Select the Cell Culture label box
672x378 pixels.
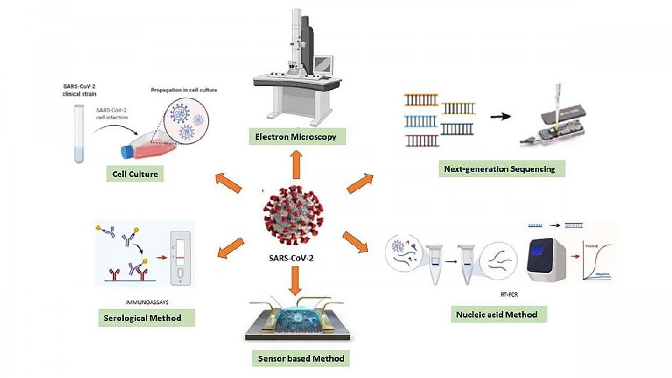136,175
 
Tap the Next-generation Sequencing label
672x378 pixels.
502,169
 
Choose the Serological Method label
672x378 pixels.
147,318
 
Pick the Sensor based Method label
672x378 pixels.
301,359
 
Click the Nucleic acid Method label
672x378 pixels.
497,314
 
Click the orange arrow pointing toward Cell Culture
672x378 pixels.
229,183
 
